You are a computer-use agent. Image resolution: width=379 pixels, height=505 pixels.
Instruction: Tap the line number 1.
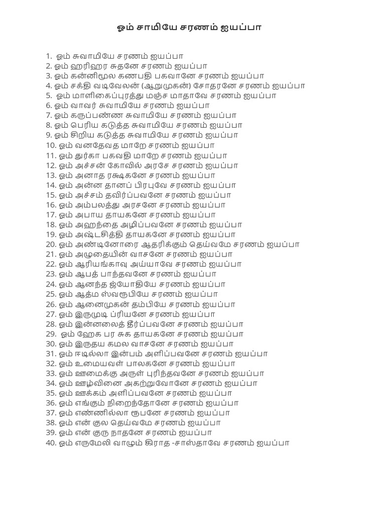tap(48, 56)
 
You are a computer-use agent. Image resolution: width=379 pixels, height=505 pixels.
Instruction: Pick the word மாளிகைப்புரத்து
tap(111, 96)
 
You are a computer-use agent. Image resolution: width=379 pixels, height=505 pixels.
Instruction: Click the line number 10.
tap(51, 145)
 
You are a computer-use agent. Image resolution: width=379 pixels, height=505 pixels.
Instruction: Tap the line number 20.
tap(51, 245)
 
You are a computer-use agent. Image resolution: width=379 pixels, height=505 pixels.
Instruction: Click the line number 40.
tap(51, 443)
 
